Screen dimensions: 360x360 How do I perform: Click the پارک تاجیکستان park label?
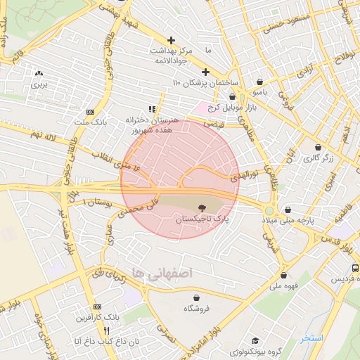coord(201,221)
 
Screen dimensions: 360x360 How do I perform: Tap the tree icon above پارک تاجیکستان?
coord(202,208)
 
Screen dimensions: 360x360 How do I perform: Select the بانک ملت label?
coord(90,122)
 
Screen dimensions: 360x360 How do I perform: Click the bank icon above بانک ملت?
coord(90,112)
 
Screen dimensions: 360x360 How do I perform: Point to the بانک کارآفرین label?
coord(96,318)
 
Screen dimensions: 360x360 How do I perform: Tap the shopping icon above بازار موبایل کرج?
coord(231,96)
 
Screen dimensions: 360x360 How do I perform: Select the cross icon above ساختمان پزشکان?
coord(205,72)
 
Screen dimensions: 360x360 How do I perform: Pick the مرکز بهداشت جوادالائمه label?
coord(170,56)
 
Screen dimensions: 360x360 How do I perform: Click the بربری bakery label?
coord(38,84)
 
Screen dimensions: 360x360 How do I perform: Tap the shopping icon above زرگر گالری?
coord(319,148)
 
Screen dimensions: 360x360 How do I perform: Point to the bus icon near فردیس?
coord(354,269)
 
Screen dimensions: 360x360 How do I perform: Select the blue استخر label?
coord(311,338)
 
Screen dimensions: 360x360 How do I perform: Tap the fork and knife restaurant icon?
coord(107,330)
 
